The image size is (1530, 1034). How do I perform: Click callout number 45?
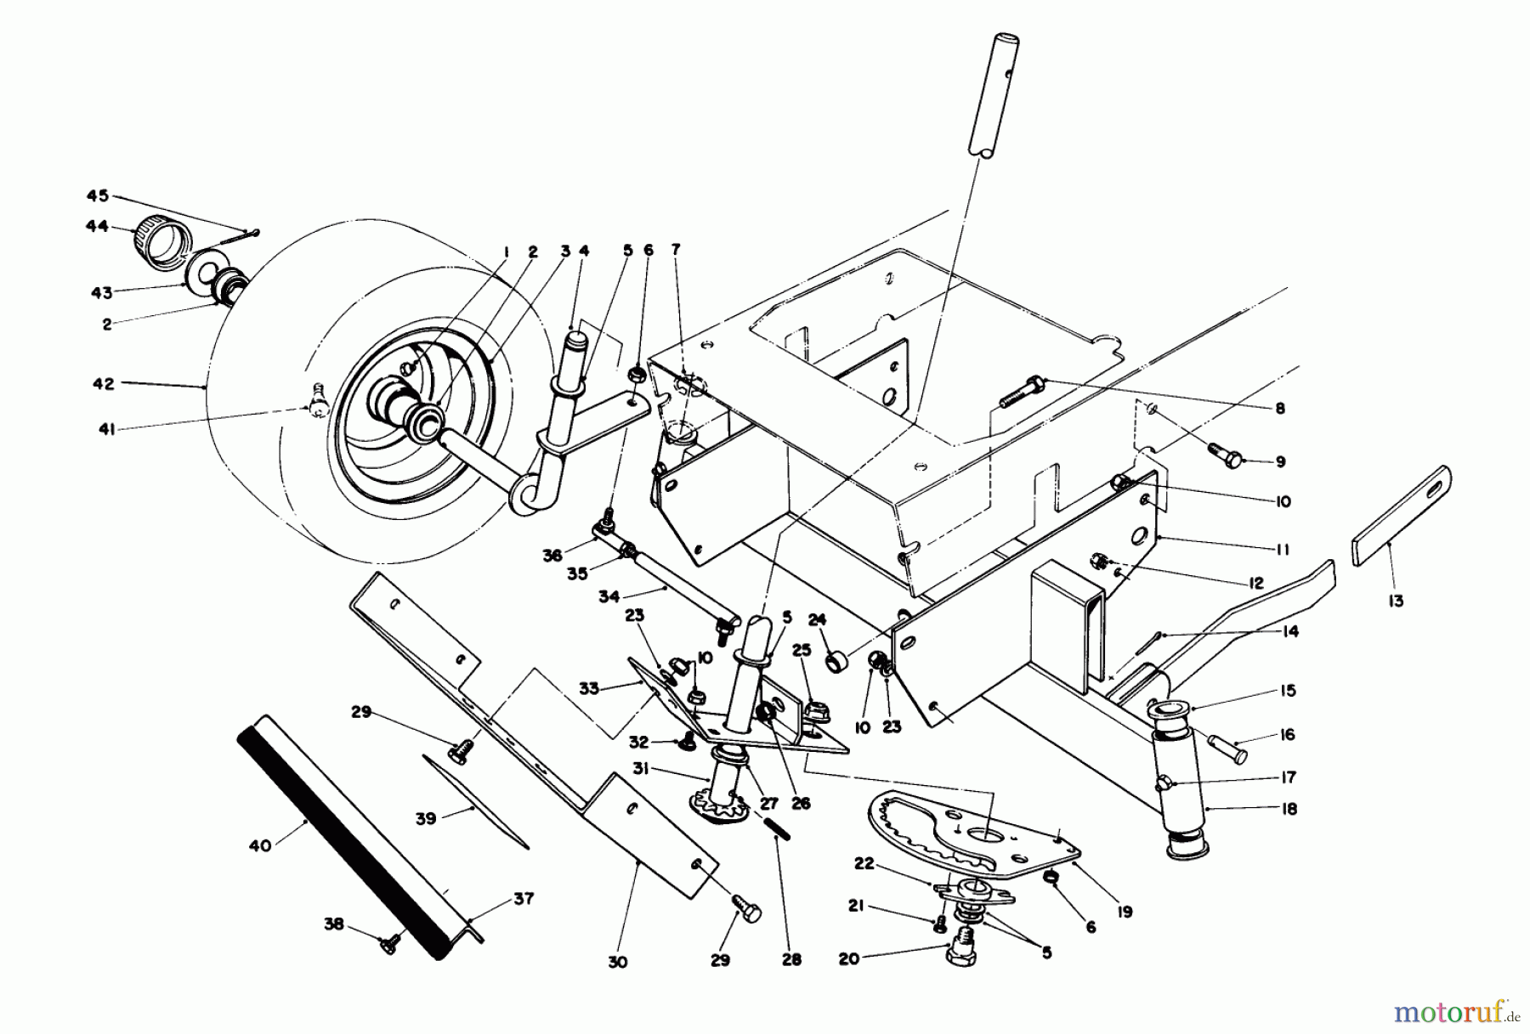98,196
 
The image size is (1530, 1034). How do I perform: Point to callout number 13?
1395,601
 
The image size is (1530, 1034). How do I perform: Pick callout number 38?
334,924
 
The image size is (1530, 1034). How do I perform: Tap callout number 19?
1125,913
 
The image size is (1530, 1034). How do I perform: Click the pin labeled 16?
1230,750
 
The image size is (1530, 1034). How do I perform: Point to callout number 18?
1289,809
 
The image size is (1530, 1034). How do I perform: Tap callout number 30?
618,962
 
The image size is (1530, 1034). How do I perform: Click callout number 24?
817,620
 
